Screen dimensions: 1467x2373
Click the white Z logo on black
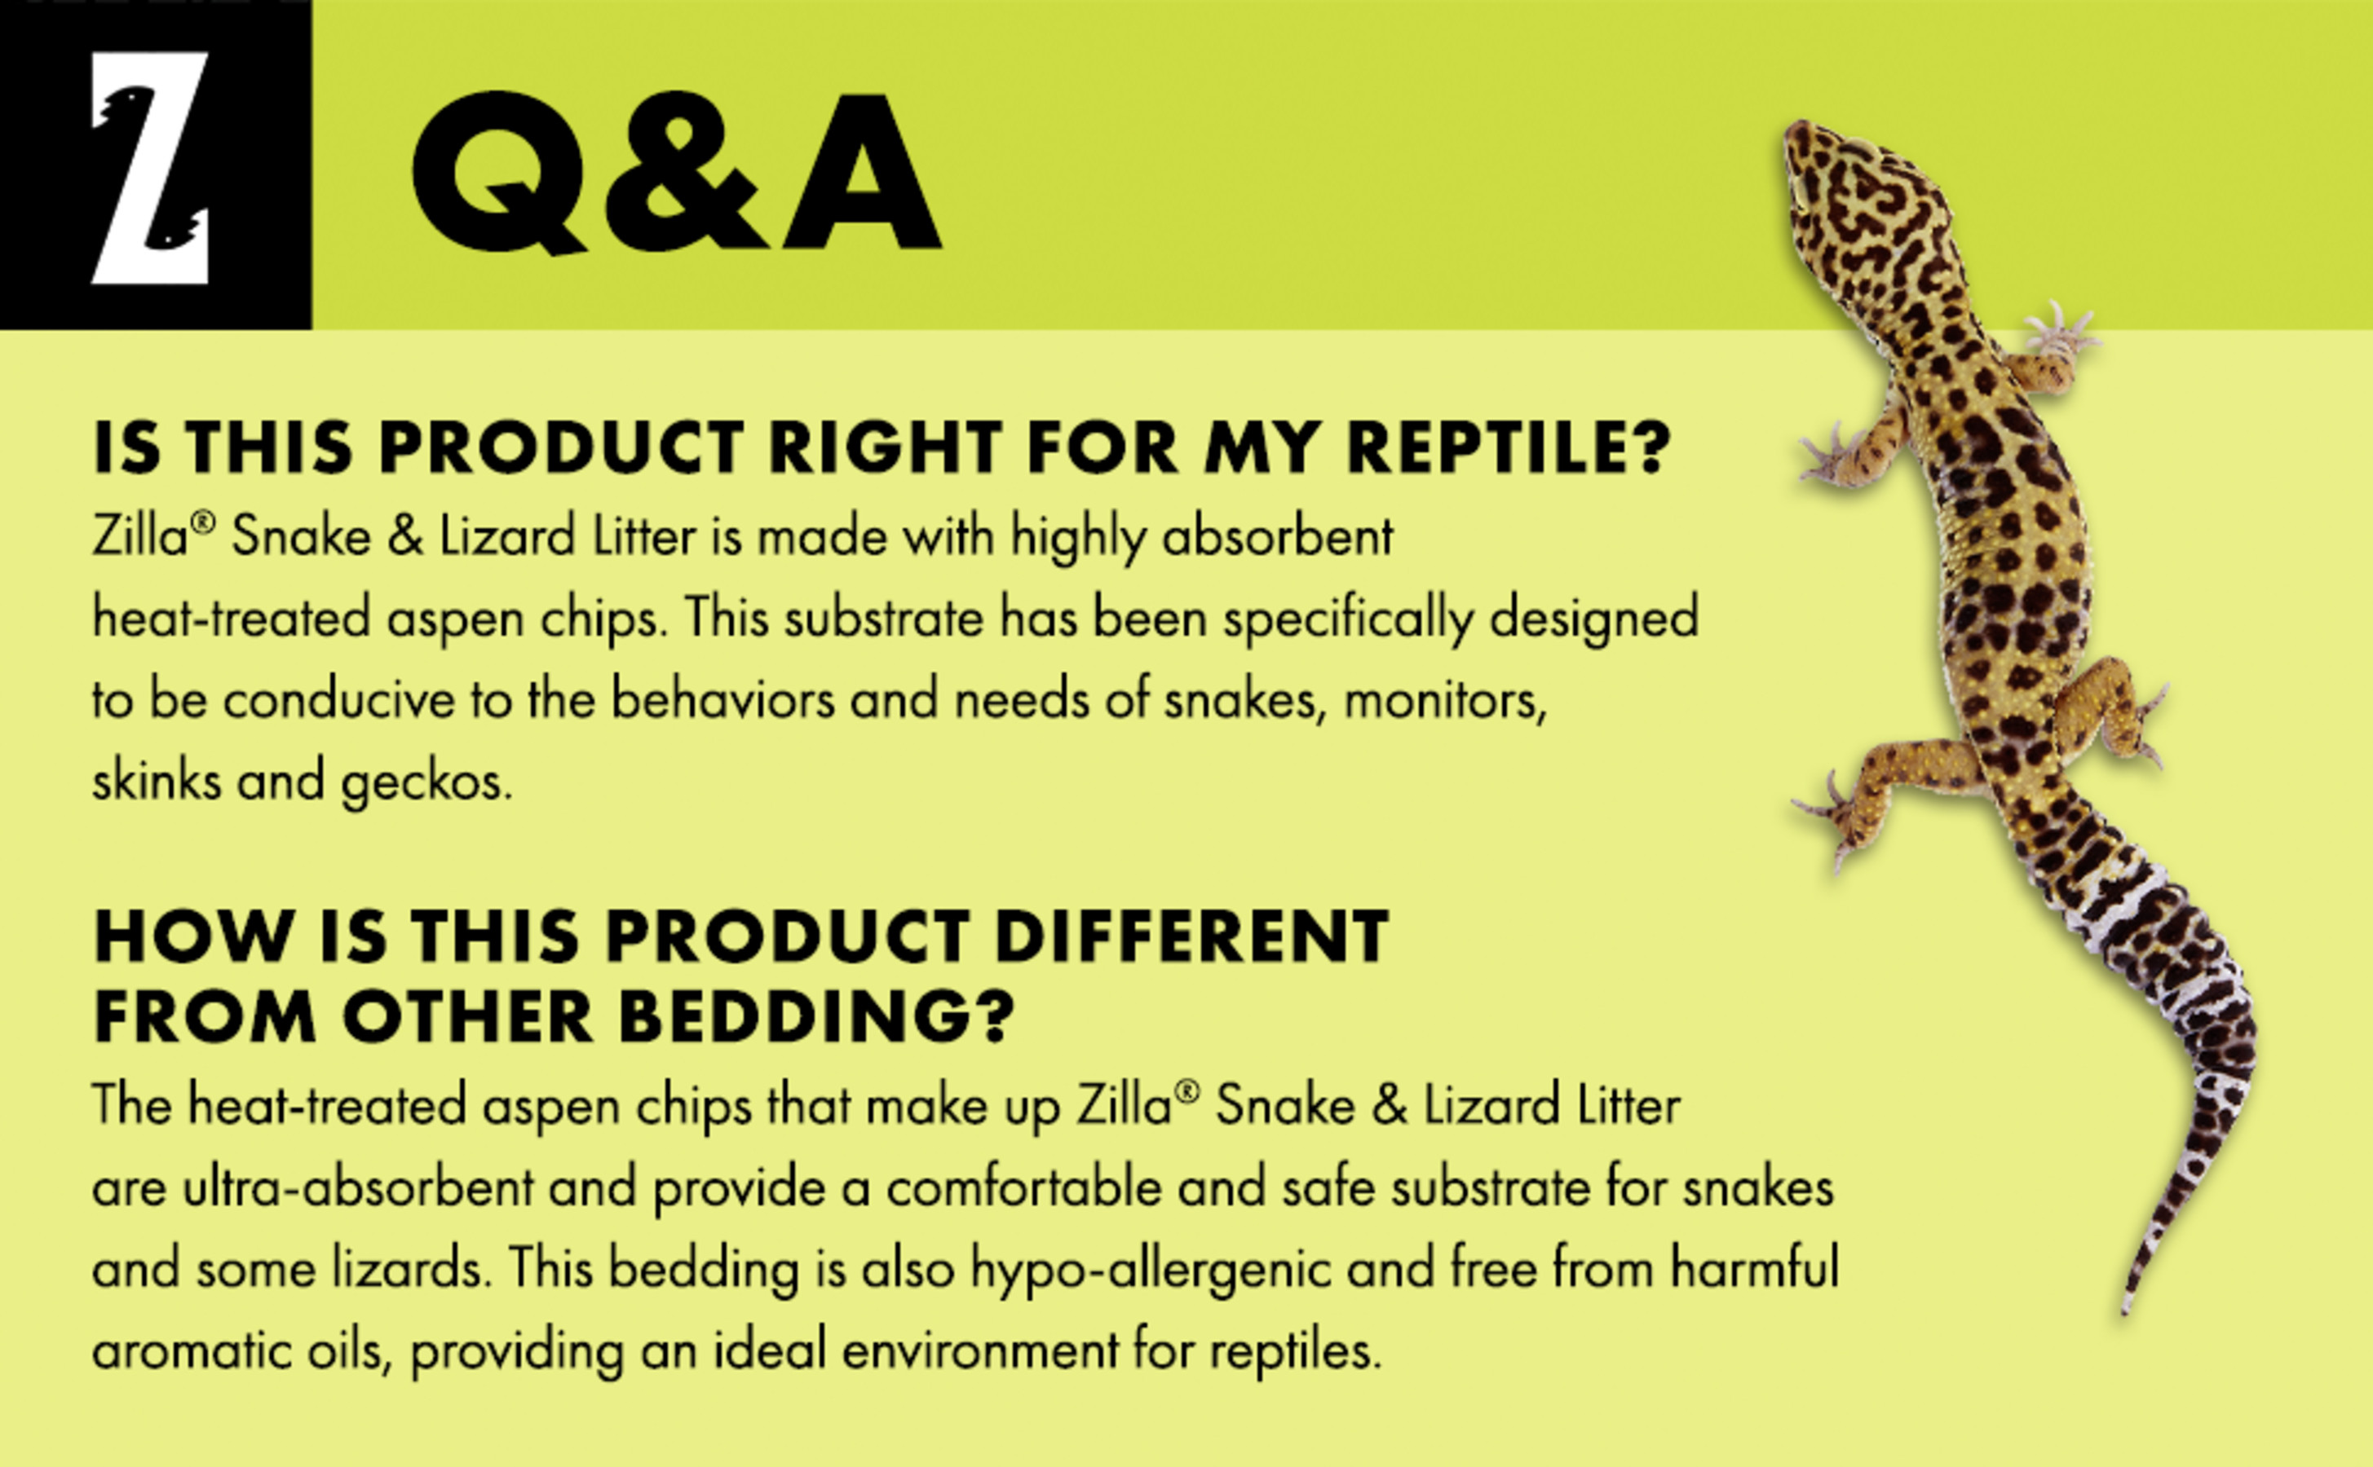[150, 167]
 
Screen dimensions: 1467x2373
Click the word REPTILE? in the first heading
[1509, 448]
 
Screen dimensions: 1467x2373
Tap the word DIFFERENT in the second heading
[1192, 937]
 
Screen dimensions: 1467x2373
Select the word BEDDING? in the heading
[816, 1018]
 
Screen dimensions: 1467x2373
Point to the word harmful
[1754, 1269]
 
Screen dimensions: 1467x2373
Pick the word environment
[980, 1350]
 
